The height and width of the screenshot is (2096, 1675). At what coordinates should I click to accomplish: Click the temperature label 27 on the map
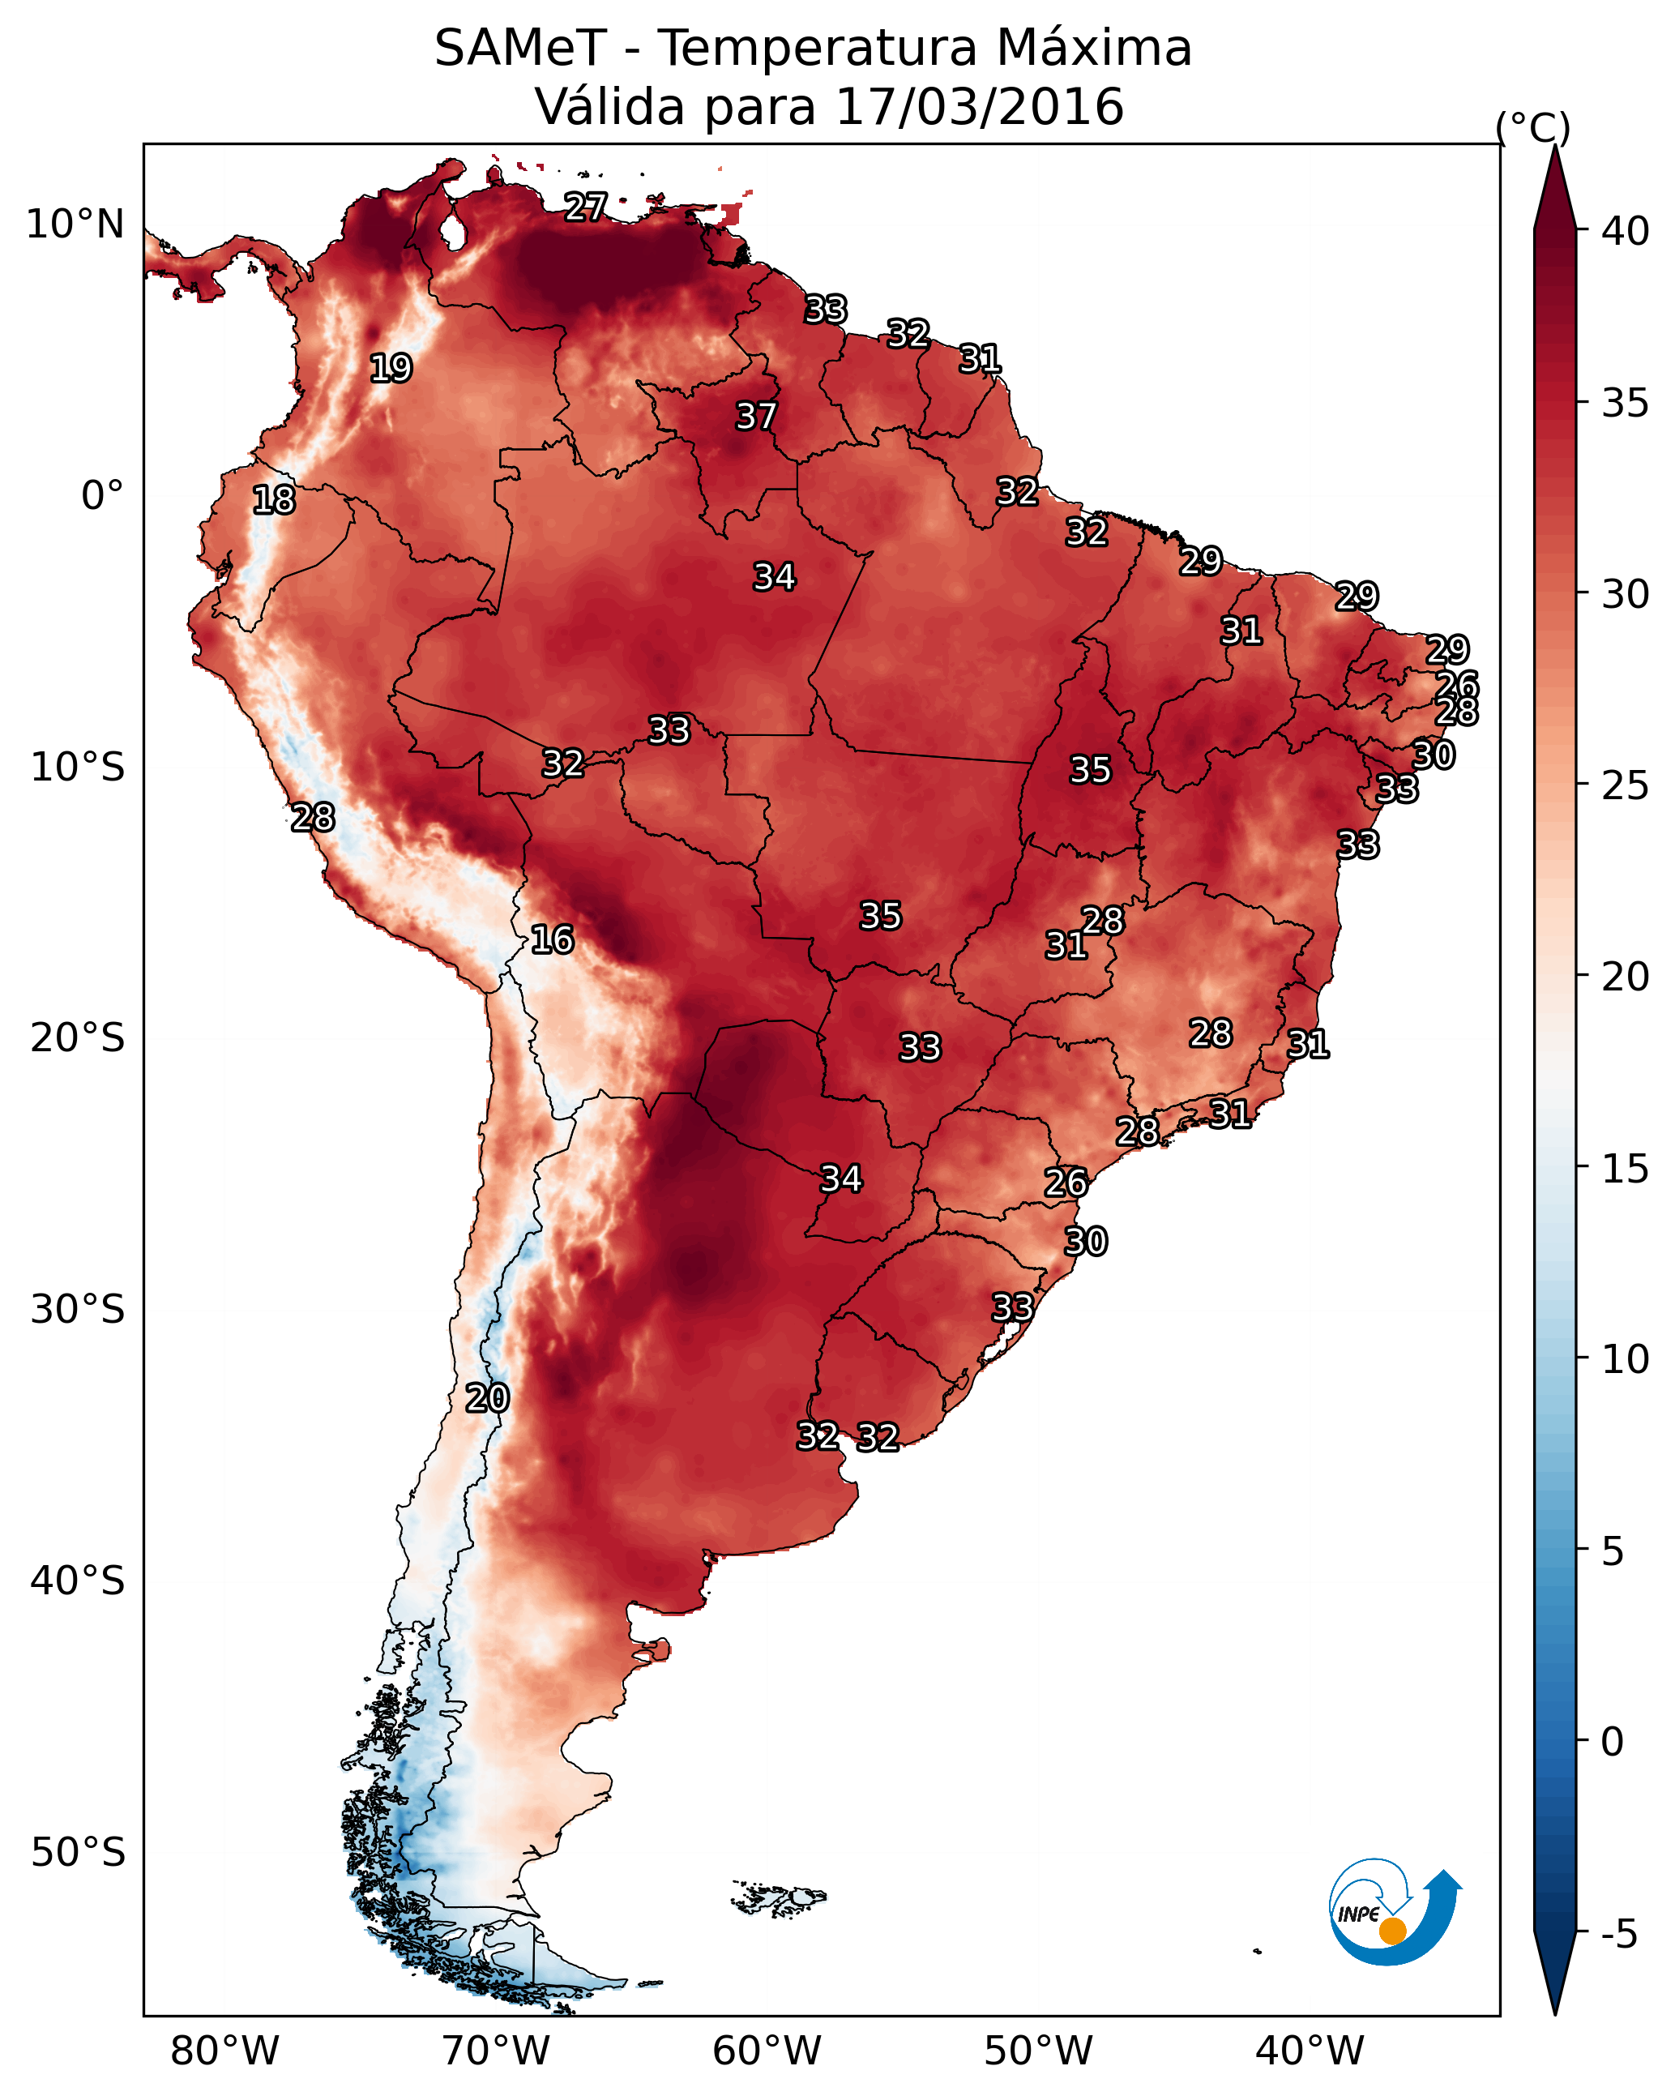click(586, 207)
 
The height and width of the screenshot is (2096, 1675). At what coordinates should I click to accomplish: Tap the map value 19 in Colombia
click(391, 369)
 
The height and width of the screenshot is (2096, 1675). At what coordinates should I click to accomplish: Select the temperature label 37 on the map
click(756, 416)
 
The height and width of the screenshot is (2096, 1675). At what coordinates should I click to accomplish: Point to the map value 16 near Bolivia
click(552, 939)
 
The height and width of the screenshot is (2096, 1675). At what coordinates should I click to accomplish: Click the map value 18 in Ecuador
click(274, 500)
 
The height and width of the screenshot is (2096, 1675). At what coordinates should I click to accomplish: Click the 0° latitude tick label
click(103, 496)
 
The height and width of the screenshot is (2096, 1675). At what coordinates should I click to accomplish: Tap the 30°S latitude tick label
click(78, 1310)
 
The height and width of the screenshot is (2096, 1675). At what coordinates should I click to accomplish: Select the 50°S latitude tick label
click(78, 1852)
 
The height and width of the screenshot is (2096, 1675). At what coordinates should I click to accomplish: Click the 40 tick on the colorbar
click(1626, 231)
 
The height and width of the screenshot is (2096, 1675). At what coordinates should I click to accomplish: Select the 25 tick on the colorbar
click(1626, 785)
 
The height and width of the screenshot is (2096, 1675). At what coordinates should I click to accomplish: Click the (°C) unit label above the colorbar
click(1533, 126)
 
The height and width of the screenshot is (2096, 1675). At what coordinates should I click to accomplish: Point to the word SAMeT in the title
click(521, 49)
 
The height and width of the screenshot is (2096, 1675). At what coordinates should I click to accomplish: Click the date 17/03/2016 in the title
click(979, 107)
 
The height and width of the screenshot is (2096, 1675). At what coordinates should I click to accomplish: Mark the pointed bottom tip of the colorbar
click(1555, 2010)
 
